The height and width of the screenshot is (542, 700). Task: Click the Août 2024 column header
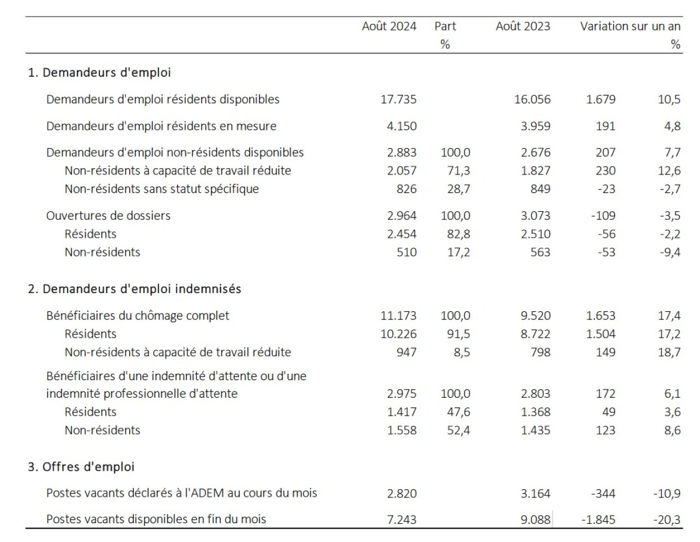[x=389, y=26]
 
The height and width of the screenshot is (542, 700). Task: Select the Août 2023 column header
[x=523, y=26]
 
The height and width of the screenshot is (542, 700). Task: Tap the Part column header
[x=445, y=26]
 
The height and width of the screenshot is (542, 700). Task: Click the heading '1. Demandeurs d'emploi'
[x=100, y=73]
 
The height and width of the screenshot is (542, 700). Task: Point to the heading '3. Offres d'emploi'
[x=81, y=467]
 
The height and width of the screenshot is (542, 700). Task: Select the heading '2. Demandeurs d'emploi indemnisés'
[x=134, y=289]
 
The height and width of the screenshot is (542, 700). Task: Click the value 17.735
[x=399, y=100]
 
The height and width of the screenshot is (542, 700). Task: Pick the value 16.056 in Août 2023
[x=532, y=100]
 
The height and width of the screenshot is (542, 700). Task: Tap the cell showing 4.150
[x=403, y=126]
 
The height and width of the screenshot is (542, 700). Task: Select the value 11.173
[x=399, y=315]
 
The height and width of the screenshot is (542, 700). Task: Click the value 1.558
[x=403, y=430]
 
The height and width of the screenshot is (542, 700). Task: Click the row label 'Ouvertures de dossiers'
[x=109, y=216]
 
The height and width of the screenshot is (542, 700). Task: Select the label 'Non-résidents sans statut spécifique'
[x=162, y=189]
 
